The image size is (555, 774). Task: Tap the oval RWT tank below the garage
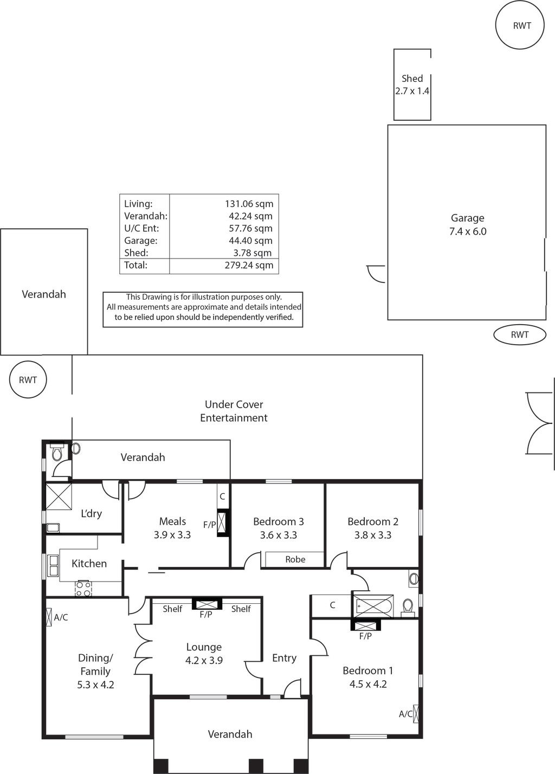519,334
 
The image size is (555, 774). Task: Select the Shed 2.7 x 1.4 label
412,85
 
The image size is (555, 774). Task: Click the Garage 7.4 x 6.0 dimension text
468,231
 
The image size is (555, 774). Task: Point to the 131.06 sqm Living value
249,204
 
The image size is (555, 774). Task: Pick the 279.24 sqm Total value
249,265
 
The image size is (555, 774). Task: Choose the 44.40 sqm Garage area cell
250,241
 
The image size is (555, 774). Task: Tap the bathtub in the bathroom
372,606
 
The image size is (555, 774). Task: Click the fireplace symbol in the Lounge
206,604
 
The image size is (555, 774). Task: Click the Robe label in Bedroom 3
295,559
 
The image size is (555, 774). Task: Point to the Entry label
284,657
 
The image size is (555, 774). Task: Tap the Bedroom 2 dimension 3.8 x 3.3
373,535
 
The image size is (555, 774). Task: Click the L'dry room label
91,513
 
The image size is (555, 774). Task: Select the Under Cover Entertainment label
234,411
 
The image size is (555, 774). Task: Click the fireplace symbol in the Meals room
223,523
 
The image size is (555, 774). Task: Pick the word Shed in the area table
136,253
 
